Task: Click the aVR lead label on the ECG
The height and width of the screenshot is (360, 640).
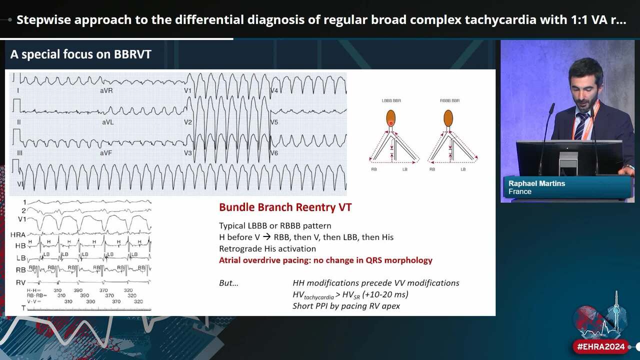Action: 106,91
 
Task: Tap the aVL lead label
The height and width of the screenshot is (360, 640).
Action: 107,122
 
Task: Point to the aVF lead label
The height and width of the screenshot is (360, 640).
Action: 106,152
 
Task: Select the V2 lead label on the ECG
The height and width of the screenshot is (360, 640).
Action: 188,122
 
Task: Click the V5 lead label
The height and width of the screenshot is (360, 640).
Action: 274,122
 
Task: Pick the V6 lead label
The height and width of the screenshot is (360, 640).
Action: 274,152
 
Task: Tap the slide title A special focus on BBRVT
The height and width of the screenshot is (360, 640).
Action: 80,54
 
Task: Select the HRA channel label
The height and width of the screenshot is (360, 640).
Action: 17,234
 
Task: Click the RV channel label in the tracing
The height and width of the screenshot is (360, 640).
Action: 20,282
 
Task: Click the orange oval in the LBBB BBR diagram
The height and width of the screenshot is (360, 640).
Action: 391,118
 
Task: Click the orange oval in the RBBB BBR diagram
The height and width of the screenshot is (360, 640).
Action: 448,118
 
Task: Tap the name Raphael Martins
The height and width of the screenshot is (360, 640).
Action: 536,183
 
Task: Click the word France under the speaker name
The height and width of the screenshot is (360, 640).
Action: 520,191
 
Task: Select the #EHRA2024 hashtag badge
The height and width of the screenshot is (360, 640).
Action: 601,346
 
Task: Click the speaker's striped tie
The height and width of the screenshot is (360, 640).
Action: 580,126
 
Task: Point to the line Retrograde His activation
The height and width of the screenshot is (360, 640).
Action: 267,248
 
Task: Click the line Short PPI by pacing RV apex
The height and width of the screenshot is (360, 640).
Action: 346,305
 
